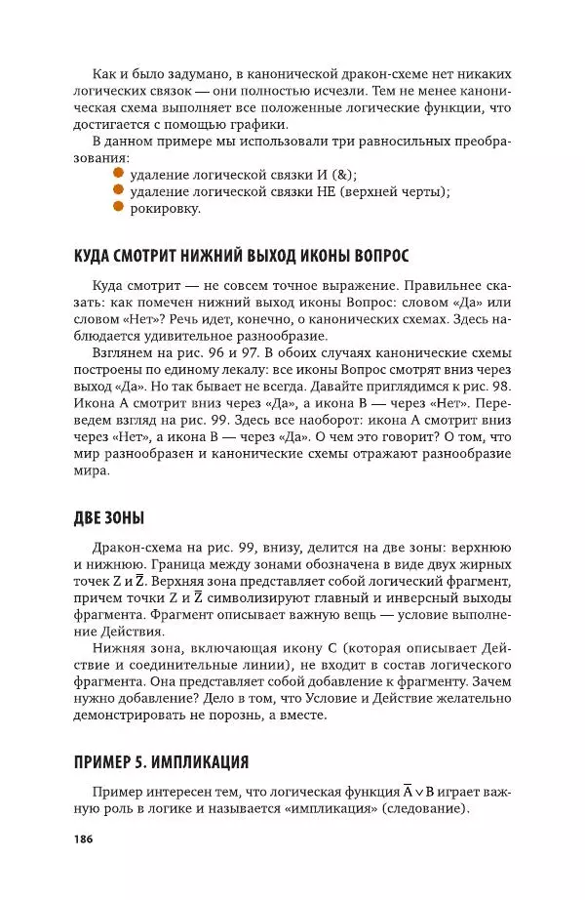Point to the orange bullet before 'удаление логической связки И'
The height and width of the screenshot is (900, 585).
119,173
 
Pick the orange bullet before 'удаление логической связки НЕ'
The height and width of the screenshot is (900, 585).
119,189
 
